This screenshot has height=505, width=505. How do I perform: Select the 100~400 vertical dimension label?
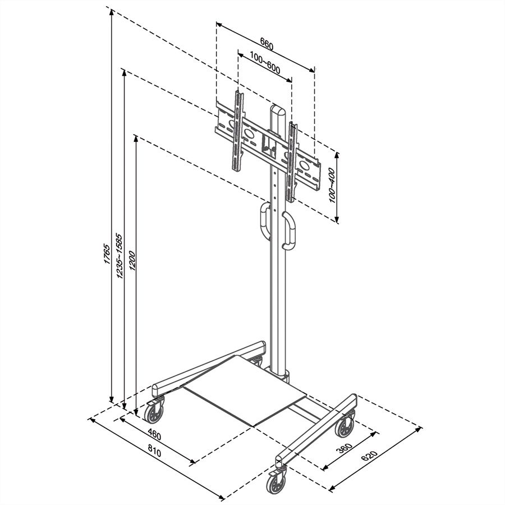pos(332,185)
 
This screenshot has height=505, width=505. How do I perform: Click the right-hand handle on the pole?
pos(289,229)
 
